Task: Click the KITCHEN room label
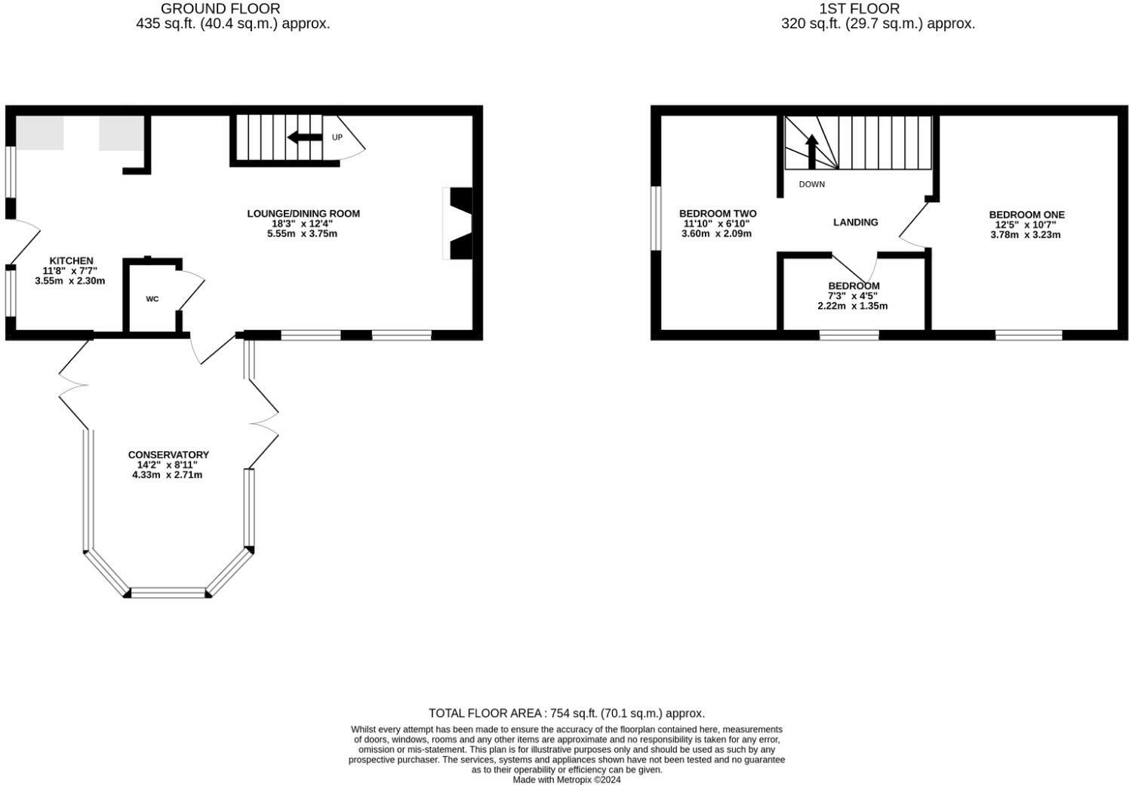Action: point(68,260)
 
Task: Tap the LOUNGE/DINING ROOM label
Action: point(303,214)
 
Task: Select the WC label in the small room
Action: point(152,299)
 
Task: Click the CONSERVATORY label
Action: point(168,454)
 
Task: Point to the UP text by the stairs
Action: point(337,137)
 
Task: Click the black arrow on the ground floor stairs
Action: point(303,137)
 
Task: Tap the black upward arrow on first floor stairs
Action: point(812,151)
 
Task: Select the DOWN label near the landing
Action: point(812,184)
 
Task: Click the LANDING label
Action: point(855,222)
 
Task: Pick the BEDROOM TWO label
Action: point(717,214)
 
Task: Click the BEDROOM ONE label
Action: point(1026,214)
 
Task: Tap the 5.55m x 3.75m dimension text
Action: point(303,234)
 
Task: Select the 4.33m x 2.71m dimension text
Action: point(168,475)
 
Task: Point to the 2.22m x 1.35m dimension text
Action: point(853,306)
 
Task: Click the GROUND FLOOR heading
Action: point(220,9)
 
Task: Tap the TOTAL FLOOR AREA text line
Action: point(566,713)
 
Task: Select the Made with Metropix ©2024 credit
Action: point(566,780)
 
